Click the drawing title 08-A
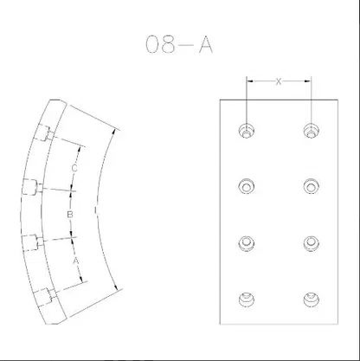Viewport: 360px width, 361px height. coord(179,44)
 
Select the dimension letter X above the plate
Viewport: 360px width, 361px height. coord(279,81)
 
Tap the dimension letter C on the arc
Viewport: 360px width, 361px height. coord(74,168)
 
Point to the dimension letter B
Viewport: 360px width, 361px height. coord(70,215)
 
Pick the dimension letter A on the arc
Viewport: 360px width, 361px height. coord(75,261)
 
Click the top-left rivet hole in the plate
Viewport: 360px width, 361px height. coord(247,131)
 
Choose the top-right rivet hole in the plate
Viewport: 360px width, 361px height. coord(312,131)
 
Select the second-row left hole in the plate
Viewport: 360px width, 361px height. coord(247,186)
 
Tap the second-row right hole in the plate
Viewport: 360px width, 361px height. coord(312,186)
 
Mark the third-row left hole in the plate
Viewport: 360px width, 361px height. coord(247,243)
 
